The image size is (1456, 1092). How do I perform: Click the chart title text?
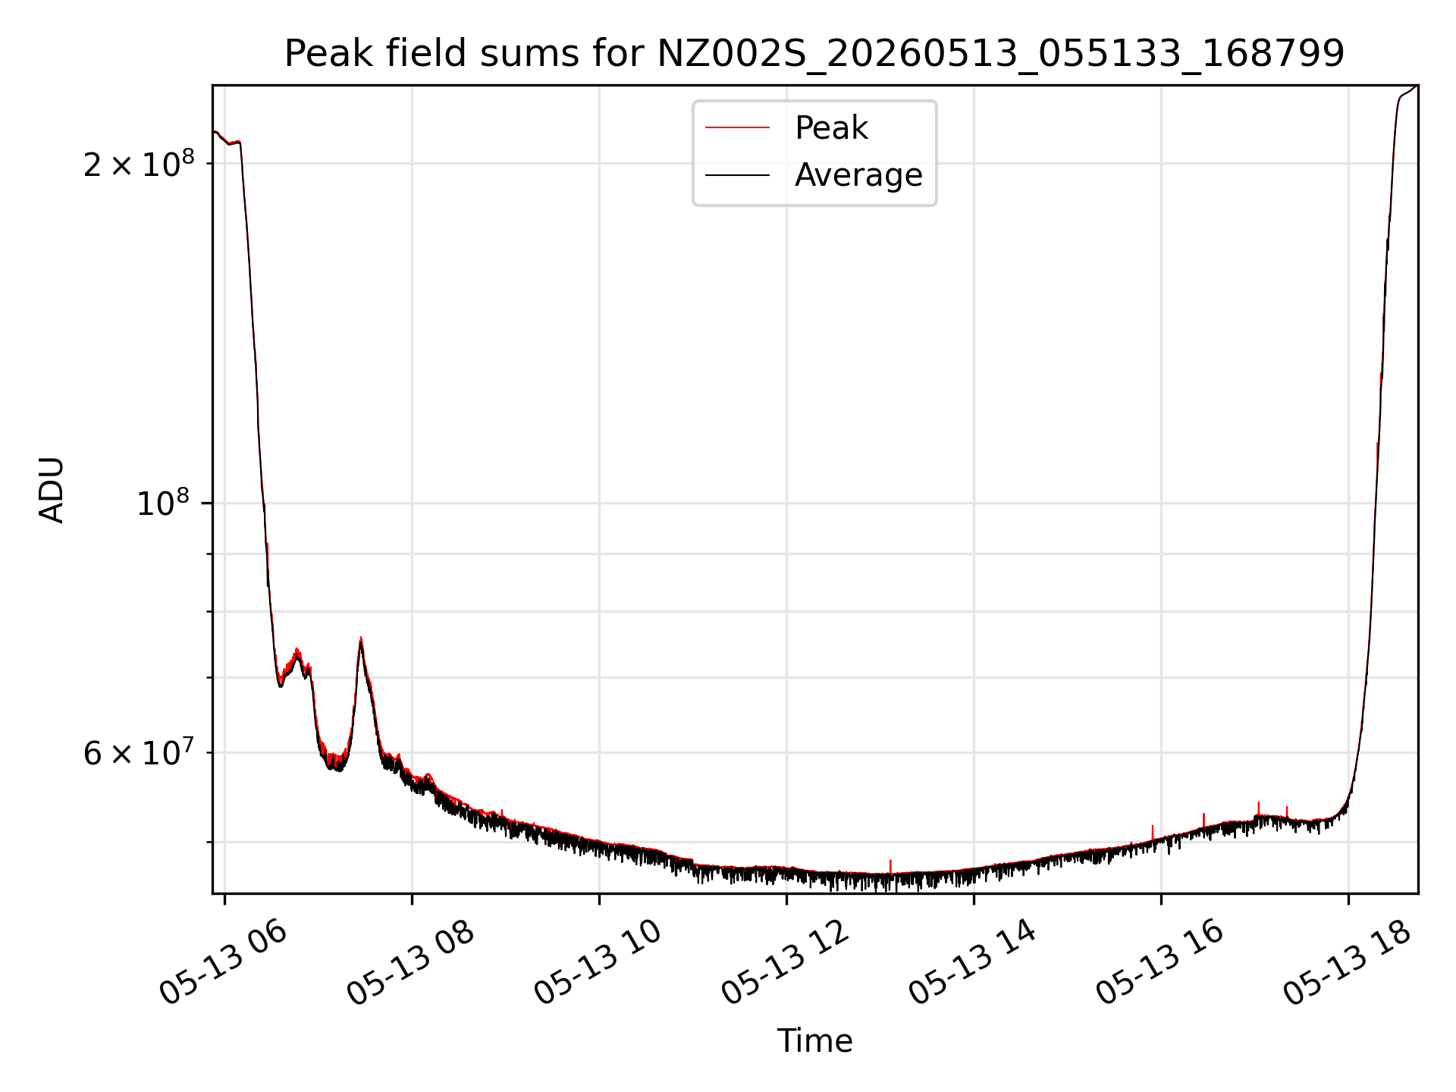(x=814, y=54)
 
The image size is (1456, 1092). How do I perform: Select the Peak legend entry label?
(x=831, y=128)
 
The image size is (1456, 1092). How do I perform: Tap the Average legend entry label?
(x=858, y=175)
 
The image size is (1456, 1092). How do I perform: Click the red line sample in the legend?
(x=737, y=128)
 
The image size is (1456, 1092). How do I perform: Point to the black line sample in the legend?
(x=737, y=175)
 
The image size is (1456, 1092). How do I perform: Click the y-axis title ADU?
(x=52, y=490)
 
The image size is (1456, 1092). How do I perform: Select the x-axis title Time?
(x=814, y=1041)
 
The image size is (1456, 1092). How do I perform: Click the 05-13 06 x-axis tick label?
(x=223, y=963)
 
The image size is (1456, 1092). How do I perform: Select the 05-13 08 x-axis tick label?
(x=410, y=963)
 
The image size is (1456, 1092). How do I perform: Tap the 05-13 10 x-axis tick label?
(x=598, y=963)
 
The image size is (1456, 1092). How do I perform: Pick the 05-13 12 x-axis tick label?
(x=785, y=963)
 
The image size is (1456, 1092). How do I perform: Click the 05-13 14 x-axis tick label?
(x=972, y=963)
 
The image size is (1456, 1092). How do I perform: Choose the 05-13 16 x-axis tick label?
(x=1159, y=963)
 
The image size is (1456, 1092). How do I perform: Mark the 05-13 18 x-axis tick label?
(x=1347, y=963)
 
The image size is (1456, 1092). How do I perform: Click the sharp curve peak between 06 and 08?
(x=361, y=639)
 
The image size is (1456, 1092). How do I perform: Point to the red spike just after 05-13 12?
(x=890, y=866)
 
